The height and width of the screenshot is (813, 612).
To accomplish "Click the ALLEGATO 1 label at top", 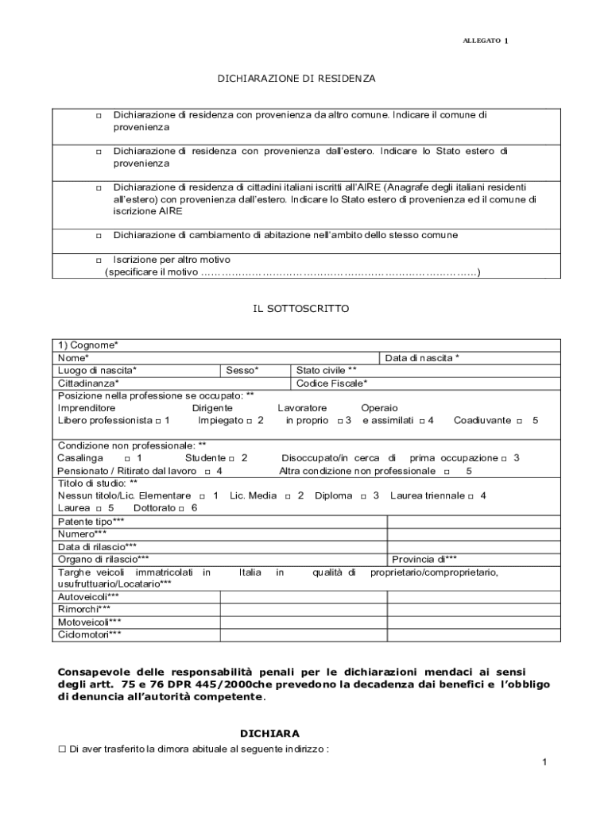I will coord(485,40).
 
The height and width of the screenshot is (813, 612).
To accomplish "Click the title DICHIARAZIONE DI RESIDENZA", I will coord(296,79).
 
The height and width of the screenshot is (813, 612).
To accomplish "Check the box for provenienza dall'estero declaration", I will coord(99,152).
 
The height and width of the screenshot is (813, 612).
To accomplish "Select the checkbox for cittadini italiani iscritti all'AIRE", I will coord(99,188).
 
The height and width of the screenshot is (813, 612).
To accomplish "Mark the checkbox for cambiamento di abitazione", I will coord(99,237).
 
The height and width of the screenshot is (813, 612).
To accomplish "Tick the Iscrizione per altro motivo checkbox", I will coord(99,260).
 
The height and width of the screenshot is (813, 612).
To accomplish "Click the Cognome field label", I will coord(88,345).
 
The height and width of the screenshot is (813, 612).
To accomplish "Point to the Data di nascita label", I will coord(422,358).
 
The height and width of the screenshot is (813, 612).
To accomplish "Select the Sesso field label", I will coord(242,371).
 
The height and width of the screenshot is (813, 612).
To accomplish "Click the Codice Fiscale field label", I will coord(331,383).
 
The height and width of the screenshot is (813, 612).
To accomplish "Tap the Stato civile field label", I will coord(326,371).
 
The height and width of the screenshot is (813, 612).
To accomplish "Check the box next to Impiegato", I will coord(249,421).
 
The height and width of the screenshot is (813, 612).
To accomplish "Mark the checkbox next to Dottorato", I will coord(182,509).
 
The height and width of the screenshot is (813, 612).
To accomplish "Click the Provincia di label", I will coord(424,559).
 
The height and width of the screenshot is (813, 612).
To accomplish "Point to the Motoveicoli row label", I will coord(90,622).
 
